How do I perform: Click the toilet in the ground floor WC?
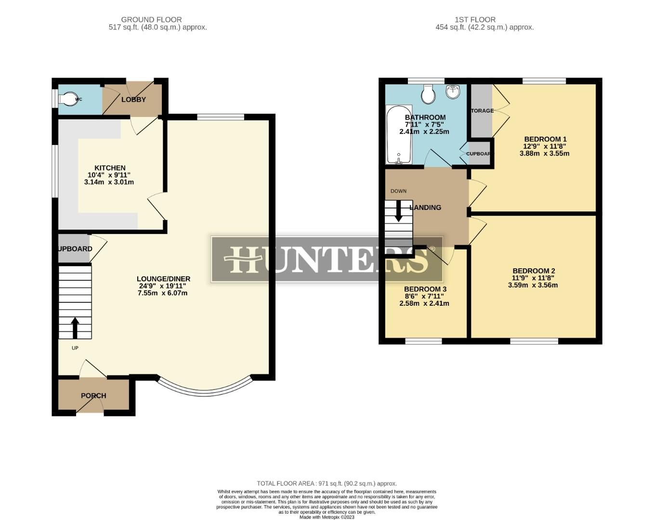tap(68, 99)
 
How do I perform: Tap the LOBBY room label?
tap(133, 100)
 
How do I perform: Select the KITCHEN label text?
tap(110, 168)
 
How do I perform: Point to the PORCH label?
tap(93, 396)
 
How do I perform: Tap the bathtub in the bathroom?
tap(399, 134)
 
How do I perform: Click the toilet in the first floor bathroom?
tap(428, 94)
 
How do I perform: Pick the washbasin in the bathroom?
tap(453, 91)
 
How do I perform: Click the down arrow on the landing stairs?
tap(398, 211)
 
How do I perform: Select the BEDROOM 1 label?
tap(545, 139)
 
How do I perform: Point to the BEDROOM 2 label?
tap(534, 271)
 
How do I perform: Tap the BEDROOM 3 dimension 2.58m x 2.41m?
tap(424, 303)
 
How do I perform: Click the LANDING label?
tap(425, 208)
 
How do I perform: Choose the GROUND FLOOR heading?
tap(151, 20)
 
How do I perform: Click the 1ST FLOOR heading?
tap(475, 20)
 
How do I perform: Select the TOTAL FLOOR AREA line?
tap(327, 483)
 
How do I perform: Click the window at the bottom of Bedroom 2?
tap(534, 341)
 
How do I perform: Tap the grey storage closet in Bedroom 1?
tap(481, 111)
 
